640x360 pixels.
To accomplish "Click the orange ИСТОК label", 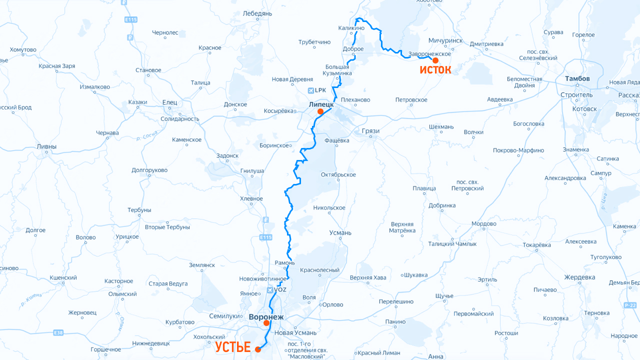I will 435,70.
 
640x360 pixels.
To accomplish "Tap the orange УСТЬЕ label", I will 233,347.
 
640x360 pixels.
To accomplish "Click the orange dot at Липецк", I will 320,111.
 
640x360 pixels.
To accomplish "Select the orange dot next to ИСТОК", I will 435,60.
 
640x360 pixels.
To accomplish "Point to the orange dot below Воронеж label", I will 266,323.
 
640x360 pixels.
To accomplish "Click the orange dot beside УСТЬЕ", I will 258,349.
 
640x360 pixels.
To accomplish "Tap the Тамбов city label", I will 577,79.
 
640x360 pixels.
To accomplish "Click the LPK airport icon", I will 312,90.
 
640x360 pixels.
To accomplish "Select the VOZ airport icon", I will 270,289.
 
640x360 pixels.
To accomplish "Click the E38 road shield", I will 58,332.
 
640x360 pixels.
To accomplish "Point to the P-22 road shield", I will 630,305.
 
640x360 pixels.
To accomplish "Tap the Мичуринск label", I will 445,40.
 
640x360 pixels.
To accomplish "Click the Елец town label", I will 169,102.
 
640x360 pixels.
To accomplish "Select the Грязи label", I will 370,131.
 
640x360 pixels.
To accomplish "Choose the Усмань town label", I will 340,233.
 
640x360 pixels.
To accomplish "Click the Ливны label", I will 46,147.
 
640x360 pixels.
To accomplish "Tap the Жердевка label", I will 579,277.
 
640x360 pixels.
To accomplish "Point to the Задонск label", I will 227,156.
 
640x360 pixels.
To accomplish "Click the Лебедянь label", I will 257,13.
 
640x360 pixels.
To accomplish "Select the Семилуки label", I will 224,316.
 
